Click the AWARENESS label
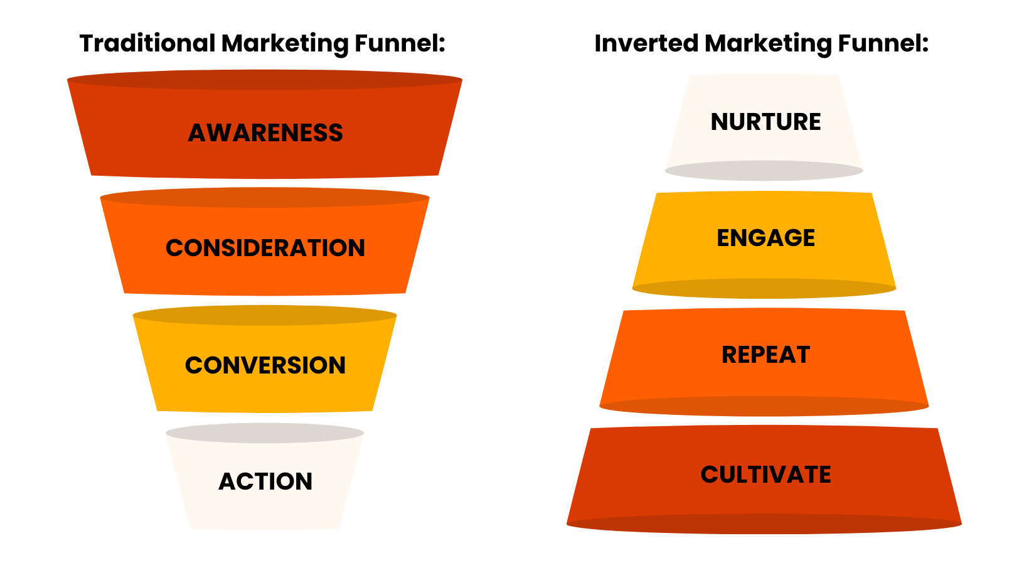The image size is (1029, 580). (x=265, y=133)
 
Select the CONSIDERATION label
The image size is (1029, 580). (x=265, y=248)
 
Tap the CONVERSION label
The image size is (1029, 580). (x=265, y=365)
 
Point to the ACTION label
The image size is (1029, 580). (x=265, y=481)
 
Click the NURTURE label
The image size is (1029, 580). (x=765, y=122)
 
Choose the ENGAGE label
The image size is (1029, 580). (x=765, y=238)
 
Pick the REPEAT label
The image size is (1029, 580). (x=765, y=355)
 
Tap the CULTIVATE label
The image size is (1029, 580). (x=765, y=475)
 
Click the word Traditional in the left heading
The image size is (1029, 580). (x=147, y=43)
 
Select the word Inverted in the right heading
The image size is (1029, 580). (x=646, y=43)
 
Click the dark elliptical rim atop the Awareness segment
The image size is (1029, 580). (x=265, y=80)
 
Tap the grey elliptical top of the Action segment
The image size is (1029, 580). (x=265, y=433)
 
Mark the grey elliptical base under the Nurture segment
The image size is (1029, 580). (x=764, y=171)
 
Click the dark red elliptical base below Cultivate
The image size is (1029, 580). (x=764, y=524)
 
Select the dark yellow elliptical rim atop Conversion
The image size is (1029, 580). (x=265, y=315)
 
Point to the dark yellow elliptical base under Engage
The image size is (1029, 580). (x=764, y=288)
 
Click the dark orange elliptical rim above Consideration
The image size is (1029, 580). (x=265, y=198)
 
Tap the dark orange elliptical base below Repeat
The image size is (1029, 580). (x=764, y=405)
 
